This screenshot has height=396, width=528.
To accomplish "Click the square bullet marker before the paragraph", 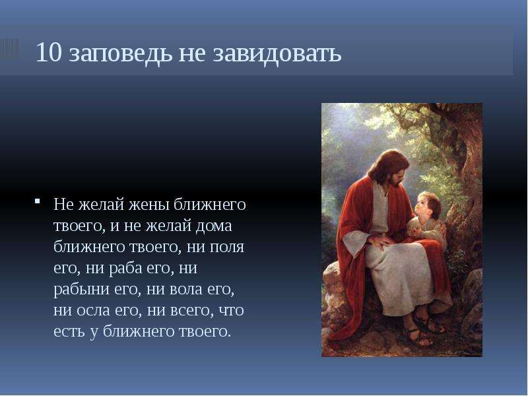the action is pyautogui.click(x=37, y=201).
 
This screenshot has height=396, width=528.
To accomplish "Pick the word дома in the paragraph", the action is pyautogui.click(x=214, y=226).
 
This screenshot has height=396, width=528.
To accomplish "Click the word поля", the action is pyautogui.click(x=227, y=247).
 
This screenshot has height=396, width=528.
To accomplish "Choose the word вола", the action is pyautogui.click(x=186, y=289).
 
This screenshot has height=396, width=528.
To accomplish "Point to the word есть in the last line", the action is pyautogui.click(x=69, y=331).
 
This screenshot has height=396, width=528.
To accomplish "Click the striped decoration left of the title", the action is pyautogui.click(x=9, y=49).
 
